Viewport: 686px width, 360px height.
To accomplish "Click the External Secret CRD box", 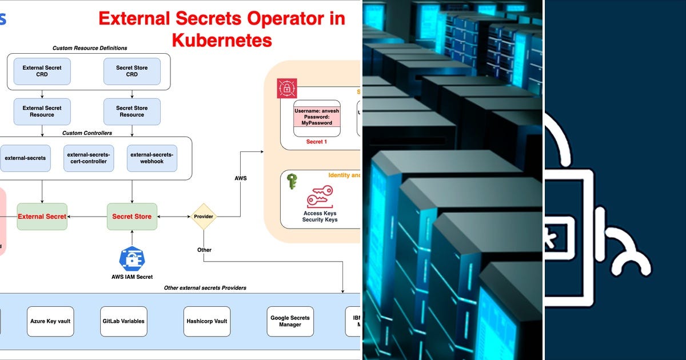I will (x=42, y=71).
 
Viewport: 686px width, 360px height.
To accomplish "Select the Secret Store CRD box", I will (x=131, y=71).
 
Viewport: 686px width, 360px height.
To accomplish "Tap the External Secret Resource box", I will (x=42, y=111).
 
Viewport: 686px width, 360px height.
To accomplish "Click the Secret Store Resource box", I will (x=131, y=111).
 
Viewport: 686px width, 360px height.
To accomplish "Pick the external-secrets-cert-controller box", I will (x=89, y=158).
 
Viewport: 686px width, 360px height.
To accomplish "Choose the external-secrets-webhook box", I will (x=152, y=158).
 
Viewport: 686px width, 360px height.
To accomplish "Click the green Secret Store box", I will (x=131, y=217).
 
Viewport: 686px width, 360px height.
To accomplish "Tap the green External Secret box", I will (x=42, y=217).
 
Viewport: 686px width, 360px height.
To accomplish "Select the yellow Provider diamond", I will (x=204, y=217).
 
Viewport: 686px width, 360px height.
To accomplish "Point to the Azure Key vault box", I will (x=50, y=321).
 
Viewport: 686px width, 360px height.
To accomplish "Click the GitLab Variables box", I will (x=123, y=321).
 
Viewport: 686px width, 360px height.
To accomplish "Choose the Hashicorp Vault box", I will (x=206, y=321).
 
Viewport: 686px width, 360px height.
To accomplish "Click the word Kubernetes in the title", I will (x=221, y=40).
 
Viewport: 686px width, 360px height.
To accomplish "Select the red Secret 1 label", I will (x=316, y=142).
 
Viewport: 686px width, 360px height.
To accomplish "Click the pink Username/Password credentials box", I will (x=317, y=117).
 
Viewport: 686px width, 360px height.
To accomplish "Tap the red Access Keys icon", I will (x=320, y=198).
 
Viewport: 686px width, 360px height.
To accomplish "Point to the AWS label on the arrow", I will (x=241, y=178).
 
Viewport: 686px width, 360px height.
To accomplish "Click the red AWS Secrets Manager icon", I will (x=287, y=89).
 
